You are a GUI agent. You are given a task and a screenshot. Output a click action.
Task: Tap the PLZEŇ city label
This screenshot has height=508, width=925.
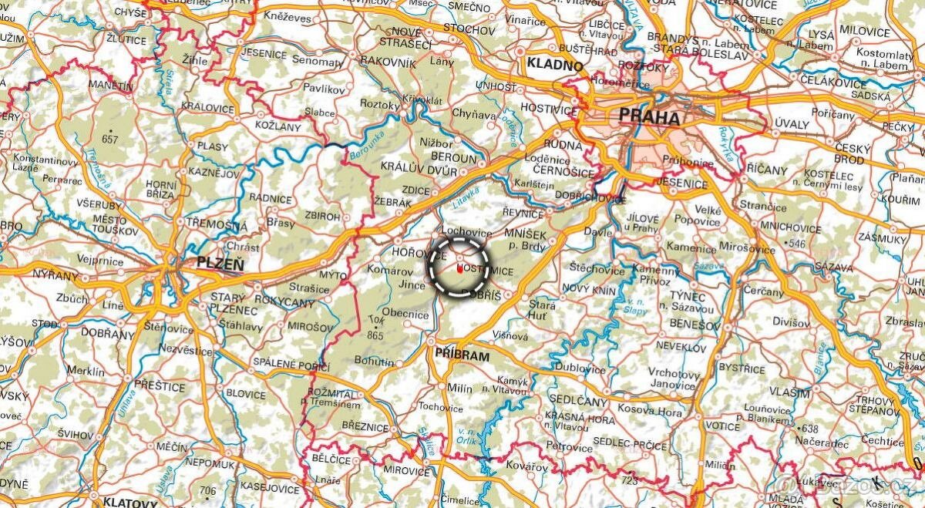pos(220,263)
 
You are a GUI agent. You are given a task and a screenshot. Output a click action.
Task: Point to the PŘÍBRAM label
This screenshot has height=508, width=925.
pos(462,355)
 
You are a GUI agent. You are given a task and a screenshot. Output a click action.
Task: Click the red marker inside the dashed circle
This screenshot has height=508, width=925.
pos(459,269)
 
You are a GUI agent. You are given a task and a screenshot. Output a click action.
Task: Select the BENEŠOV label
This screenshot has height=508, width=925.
pos(678,325)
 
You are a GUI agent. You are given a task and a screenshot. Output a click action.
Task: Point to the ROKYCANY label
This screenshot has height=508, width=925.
pos(285,303)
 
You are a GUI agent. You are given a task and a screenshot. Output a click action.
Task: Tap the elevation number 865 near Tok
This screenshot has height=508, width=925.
pos(376,335)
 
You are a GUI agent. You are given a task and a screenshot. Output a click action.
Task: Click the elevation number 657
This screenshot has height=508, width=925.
pos(109,140)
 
